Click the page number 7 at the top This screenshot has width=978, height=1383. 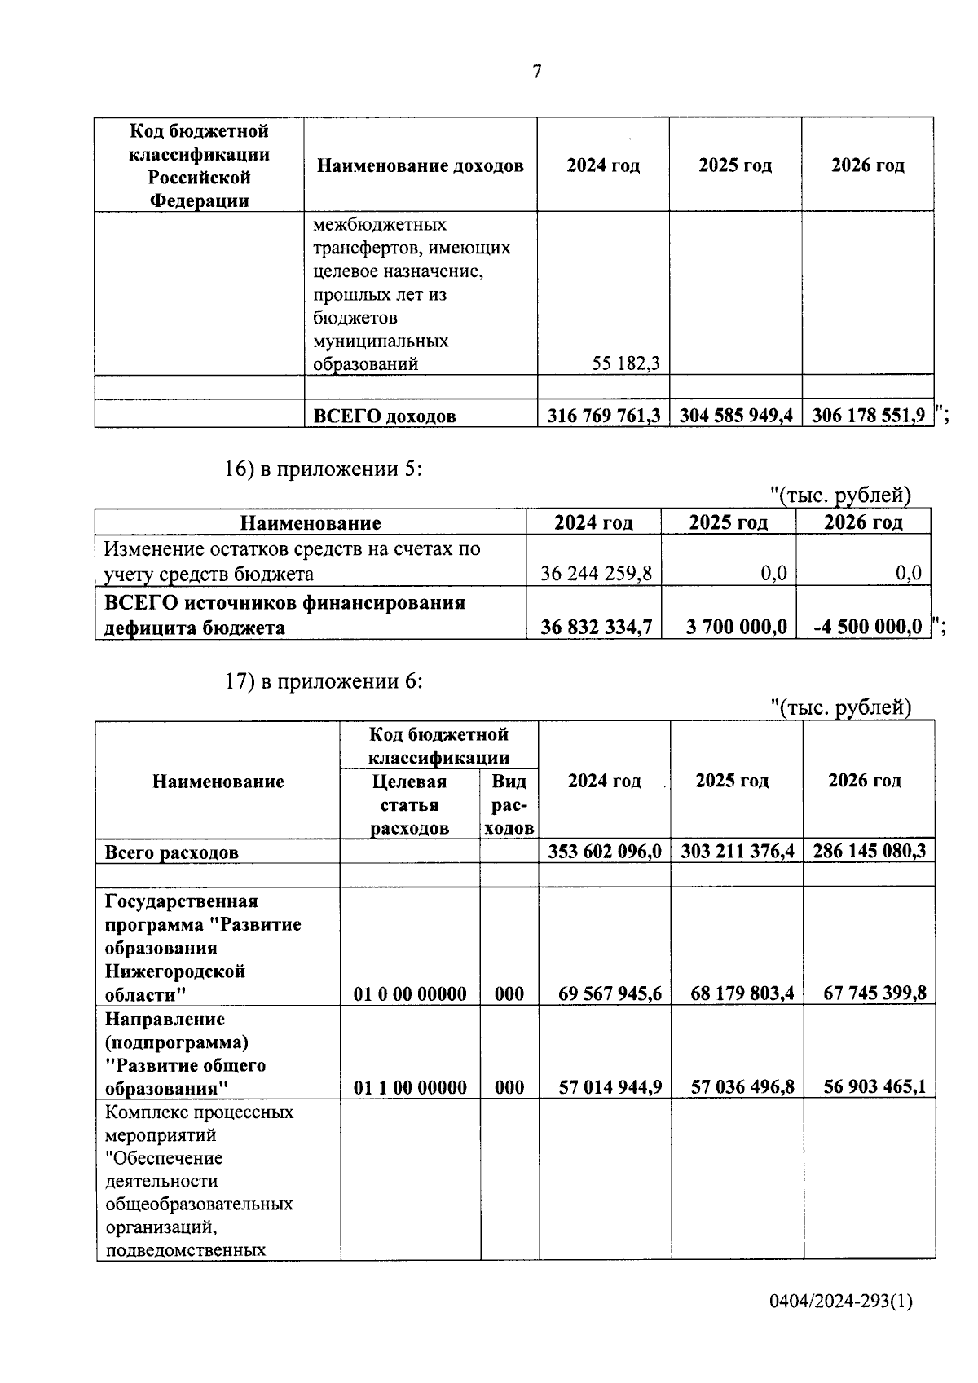[x=536, y=72]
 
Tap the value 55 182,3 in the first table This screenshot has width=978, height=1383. [x=626, y=364]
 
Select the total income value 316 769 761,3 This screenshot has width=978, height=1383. [x=603, y=416]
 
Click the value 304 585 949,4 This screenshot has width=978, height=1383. [x=736, y=416]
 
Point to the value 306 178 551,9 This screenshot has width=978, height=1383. [x=868, y=416]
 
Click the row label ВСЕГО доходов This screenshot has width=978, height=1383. [x=385, y=416]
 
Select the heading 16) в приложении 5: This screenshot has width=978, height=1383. [x=324, y=469]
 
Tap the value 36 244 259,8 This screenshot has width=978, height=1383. [x=596, y=574]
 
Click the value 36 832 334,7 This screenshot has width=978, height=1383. [x=596, y=627]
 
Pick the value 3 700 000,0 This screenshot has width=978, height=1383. [x=737, y=627]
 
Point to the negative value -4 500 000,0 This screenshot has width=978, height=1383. [x=868, y=627]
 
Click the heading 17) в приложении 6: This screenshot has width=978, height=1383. [x=324, y=682]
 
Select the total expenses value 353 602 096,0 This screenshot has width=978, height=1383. [x=604, y=852]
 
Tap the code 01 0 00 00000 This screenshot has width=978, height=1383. [x=410, y=994]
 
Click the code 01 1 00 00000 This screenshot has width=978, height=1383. [x=410, y=1088]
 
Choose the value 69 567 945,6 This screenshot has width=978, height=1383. [x=610, y=994]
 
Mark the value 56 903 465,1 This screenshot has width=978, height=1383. [x=874, y=1087]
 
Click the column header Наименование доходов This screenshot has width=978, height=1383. [x=420, y=166]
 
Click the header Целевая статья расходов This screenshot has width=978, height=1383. [x=410, y=805]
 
